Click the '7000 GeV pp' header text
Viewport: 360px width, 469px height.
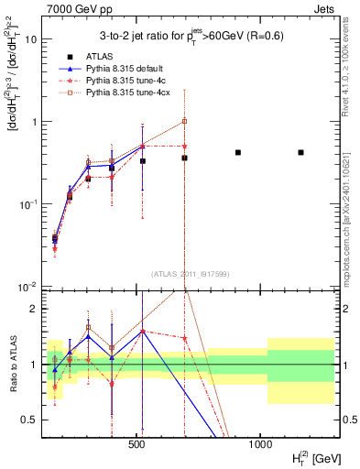point(78,8)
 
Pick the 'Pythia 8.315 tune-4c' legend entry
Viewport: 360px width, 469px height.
point(125,81)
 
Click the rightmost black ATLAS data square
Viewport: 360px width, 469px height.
point(300,152)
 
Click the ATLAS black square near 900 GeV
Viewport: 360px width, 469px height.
point(238,152)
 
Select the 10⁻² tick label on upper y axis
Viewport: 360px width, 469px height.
point(27,286)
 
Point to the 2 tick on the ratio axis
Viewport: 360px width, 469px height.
point(34,310)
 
